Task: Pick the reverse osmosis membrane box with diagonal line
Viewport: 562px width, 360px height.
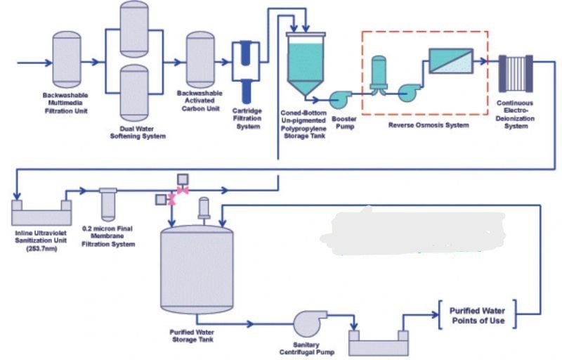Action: click(450, 63)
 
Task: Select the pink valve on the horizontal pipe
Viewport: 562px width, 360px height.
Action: click(183, 191)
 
